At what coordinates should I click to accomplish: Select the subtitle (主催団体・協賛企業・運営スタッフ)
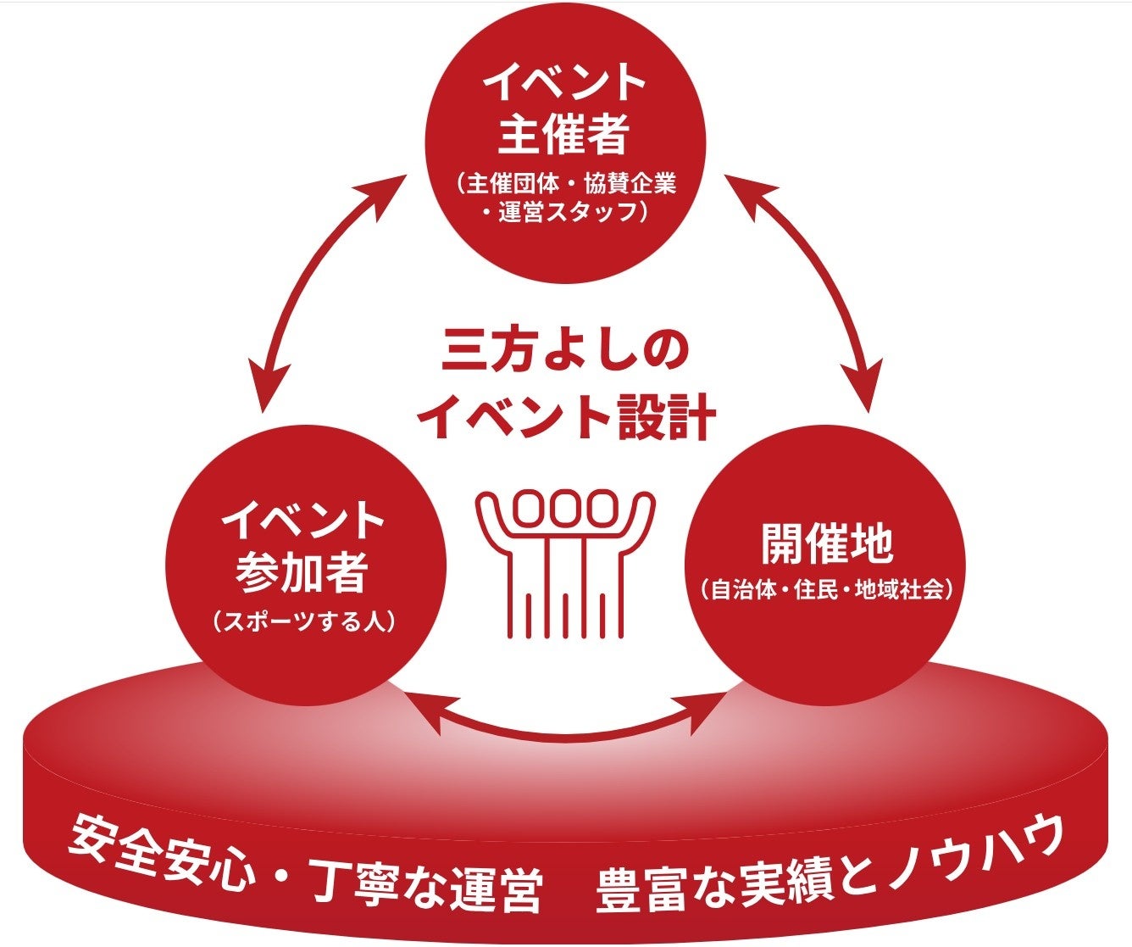(x=564, y=197)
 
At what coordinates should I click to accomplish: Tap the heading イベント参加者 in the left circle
(x=302, y=547)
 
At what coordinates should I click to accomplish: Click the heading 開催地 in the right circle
(x=826, y=545)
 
